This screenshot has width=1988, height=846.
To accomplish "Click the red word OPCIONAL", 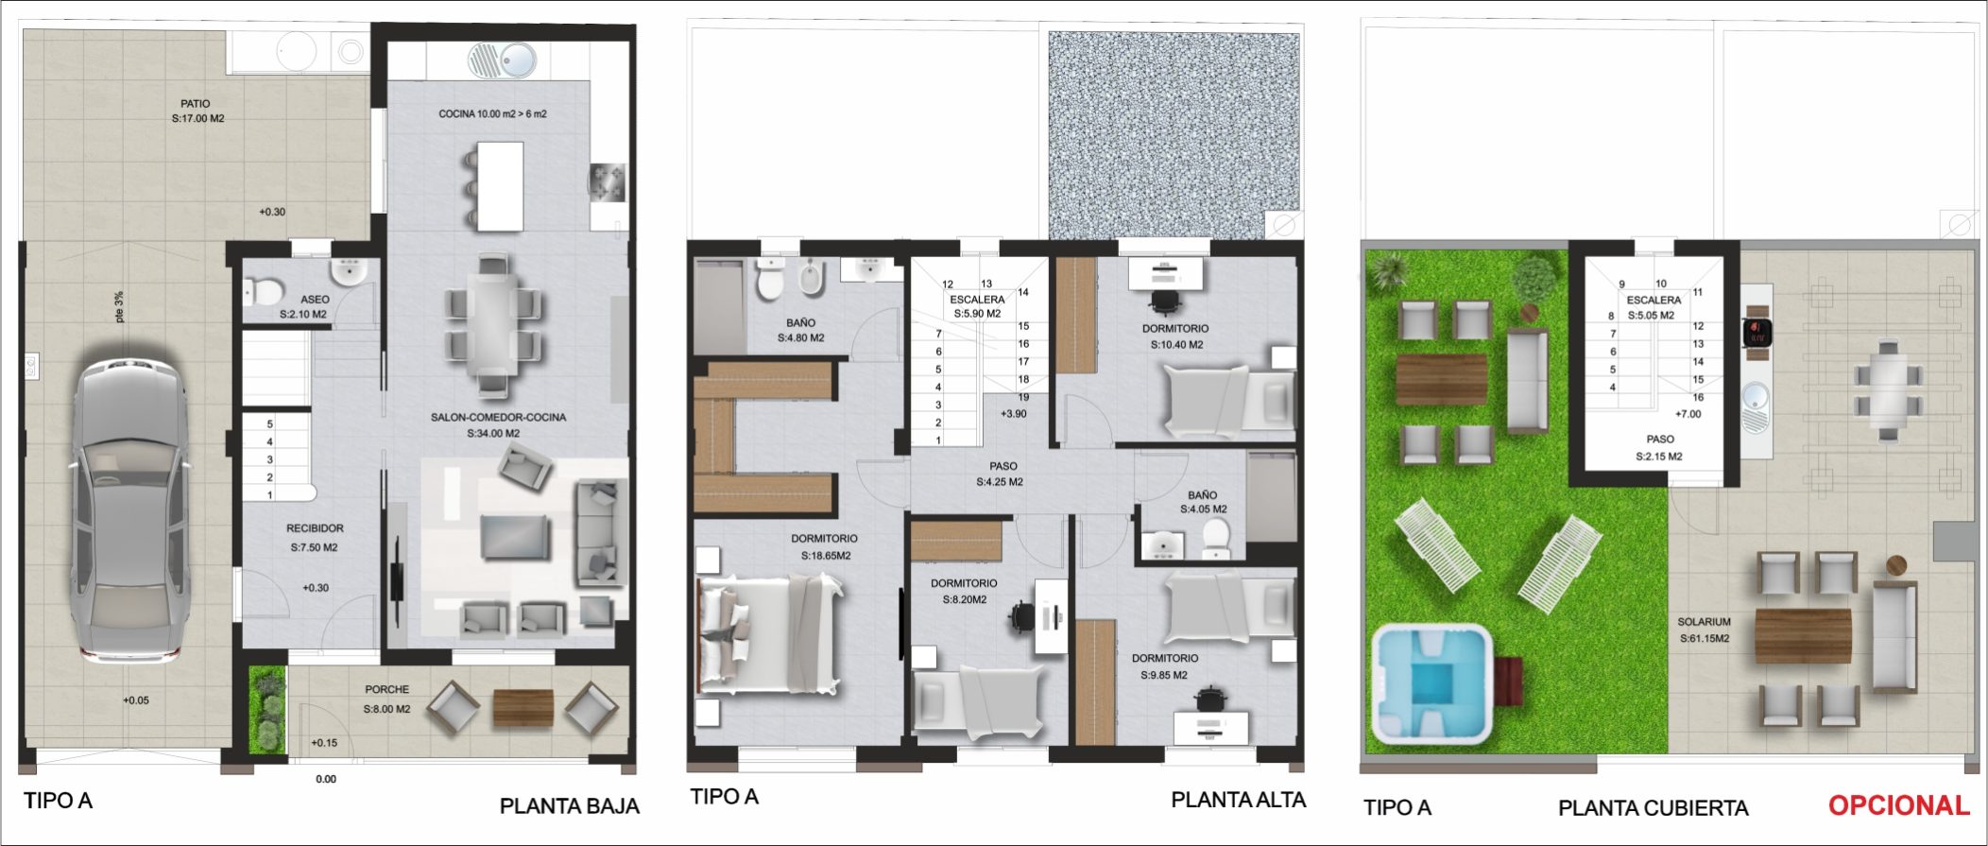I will click(x=1897, y=805).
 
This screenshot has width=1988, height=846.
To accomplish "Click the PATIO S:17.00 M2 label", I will click(x=197, y=112).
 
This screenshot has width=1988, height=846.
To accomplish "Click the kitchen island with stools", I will click(x=499, y=186).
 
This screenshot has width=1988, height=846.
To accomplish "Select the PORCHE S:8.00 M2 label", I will click(x=386, y=699).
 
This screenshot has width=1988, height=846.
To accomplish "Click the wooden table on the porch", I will click(x=523, y=707).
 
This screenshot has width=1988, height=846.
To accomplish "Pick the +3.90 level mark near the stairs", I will click(x=1013, y=414).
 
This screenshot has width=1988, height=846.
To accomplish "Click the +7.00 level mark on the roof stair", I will click(x=1688, y=414).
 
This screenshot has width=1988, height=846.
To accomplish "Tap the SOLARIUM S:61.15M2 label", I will click(x=1704, y=630).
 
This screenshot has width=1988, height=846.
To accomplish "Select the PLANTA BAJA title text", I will click(x=569, y=806).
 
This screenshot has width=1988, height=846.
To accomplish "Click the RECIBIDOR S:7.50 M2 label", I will click(x=315, y=537).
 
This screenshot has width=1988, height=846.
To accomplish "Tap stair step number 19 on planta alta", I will click(x=1023, y=397).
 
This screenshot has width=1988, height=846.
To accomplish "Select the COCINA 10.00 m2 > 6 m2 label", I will click(x=492, y=114).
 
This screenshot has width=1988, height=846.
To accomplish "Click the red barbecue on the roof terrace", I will click(x=1757, y=333).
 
